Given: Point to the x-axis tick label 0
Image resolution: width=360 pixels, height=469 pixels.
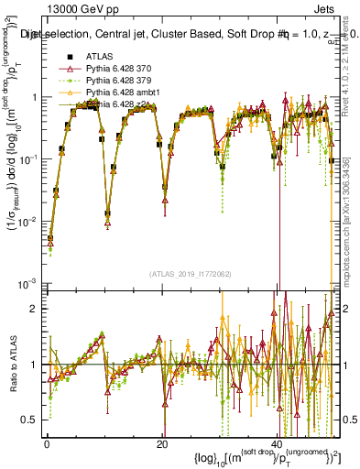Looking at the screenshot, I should tap(47, 445).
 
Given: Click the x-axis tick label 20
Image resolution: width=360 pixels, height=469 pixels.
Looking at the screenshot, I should tap(162, 445).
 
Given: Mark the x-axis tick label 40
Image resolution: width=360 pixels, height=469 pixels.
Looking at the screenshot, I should tap(278, 445).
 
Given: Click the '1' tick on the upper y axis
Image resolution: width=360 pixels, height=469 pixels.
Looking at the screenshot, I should tap(35, 97).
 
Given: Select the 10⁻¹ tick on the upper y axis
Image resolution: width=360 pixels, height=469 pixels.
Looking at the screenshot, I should tap(30, 159).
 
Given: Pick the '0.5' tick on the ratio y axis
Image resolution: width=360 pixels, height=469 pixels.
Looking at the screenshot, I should tap(32, 420).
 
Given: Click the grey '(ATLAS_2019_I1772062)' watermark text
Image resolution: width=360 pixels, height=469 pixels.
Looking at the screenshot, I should tap(191, 274).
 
